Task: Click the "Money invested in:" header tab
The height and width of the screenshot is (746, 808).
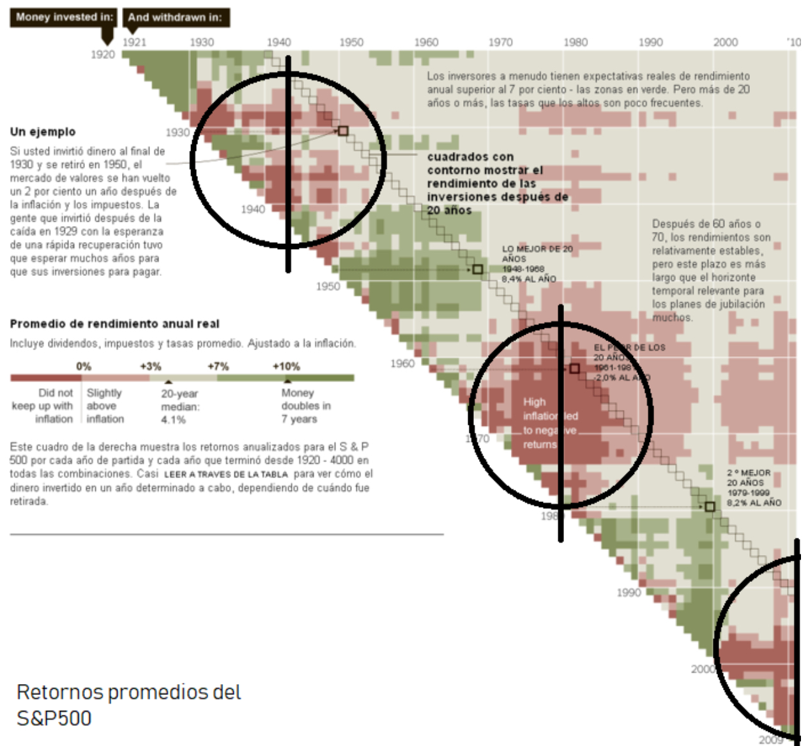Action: click(63, 17)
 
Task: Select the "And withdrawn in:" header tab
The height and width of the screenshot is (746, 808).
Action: click(175, 17)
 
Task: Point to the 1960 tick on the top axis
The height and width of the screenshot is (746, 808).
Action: click(426, 42)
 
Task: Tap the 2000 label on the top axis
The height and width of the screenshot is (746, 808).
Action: click(725, 42)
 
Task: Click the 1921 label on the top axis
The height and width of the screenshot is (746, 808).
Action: click(134, 42)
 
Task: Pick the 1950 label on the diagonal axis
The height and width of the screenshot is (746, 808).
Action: click(328, 286)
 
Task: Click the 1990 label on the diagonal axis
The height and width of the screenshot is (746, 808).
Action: click(629, 593)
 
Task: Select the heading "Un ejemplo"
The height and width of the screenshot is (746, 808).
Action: click(43, 132)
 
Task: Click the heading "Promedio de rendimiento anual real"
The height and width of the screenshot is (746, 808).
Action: click(114, 324)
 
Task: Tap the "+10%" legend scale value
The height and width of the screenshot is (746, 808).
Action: click(286, 367)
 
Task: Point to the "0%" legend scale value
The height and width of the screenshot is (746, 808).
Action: click(84, 367)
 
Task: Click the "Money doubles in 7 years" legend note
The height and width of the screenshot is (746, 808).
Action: click(305, 406)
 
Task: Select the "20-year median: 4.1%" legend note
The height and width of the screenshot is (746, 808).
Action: click(179, 407)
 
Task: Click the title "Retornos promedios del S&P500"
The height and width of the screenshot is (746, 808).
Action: click(128, 704)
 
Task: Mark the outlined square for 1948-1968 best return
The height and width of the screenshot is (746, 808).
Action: click(477, 270)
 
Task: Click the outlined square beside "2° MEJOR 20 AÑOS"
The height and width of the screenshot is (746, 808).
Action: click(710, 506)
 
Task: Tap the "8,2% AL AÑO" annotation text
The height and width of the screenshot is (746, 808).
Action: click(754, 503)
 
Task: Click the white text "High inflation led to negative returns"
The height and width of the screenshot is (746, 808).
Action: click(549, 423)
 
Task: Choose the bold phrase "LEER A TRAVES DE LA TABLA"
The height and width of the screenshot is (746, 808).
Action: click(226, 474)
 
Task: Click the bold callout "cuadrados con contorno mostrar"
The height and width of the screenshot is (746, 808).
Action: click(485, 164)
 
